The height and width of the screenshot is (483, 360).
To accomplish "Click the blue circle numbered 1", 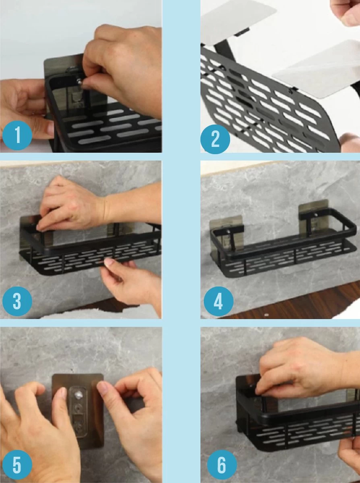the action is (x=17, y=136).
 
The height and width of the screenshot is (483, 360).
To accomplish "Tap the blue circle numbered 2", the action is (x=215, y=139).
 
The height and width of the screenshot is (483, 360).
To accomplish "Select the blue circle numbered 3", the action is (x=17, y=301).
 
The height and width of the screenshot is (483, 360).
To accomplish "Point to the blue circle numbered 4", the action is (x=218, y=301).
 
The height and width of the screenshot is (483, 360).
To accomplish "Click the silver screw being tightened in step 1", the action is (x=79, y=81).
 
